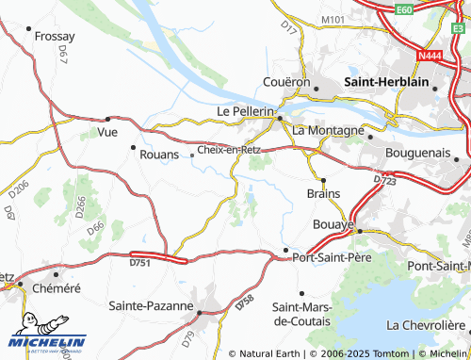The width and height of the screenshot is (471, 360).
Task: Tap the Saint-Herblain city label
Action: pos(387,82)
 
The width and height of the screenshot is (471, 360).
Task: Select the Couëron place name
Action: pos(287,82)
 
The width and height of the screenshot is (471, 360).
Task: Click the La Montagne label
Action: pos(329,129)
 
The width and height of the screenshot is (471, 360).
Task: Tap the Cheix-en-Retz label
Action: pos(229,149)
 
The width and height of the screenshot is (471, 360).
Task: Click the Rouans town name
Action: pos(159,155)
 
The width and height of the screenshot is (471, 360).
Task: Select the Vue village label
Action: pos(95,132)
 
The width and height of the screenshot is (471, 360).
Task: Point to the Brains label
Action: pos(323,192)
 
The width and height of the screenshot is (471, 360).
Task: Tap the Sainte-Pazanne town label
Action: pos(151,306)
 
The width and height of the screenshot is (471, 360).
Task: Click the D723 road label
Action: pos(383,179)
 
